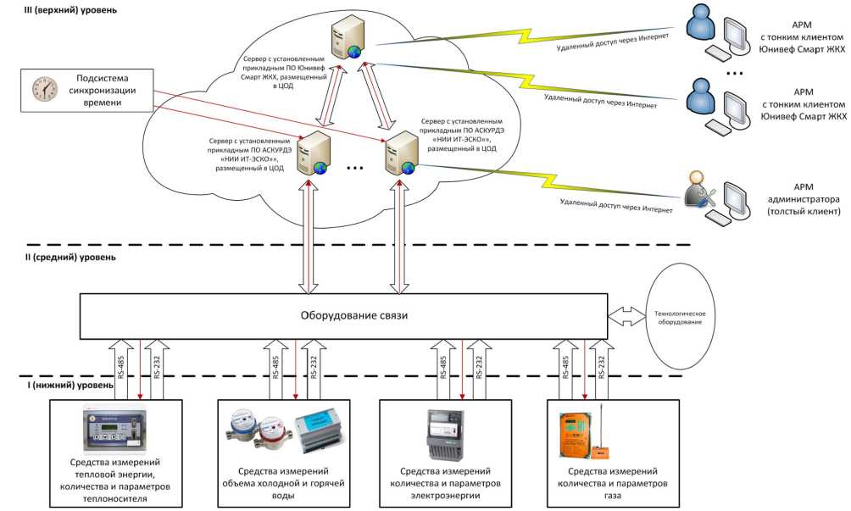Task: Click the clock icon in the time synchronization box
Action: point(42,89)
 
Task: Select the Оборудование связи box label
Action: point(342,315)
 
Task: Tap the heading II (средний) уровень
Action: point(58,256)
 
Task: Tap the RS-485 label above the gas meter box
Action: point(565,365)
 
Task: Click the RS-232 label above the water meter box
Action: point(313,365)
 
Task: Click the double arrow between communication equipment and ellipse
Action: point(626,315)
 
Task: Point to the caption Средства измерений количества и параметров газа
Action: point(615,482)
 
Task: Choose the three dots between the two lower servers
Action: point(354,169)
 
